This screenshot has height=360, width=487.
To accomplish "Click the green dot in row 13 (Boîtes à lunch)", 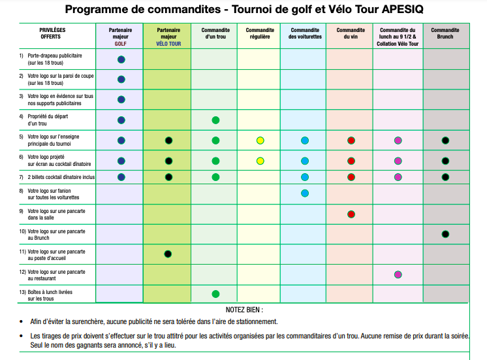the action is click(215, 294).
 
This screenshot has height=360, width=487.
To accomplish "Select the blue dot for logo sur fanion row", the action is click(305, 193).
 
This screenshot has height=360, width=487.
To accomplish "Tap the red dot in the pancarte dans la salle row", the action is click(351, 214).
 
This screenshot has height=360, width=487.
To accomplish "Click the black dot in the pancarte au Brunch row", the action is click(445, 234).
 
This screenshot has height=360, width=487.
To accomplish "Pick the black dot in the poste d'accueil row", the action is click(168, 254).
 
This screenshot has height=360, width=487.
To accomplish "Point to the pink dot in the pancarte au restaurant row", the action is click(398, 274).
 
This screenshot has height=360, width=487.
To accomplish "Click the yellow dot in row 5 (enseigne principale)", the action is click(260, 140).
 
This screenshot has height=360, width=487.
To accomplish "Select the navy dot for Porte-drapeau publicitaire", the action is click(121, 59).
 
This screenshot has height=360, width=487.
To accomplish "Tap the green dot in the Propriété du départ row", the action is click(215, 120).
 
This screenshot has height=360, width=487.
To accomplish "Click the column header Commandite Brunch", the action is click(445, 33).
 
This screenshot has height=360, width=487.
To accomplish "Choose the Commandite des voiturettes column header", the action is click(305, 33).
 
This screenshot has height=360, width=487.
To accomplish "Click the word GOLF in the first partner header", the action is click(121, 44).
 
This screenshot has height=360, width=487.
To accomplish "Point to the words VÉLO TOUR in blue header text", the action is click(168, 44).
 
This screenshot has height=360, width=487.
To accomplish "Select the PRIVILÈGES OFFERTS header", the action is click(52, 33).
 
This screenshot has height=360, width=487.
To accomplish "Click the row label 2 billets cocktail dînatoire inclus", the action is click(61, 177).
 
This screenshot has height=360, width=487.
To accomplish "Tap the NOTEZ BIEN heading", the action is click(244, 310).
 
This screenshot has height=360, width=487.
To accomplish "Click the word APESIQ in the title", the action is click(402, 9).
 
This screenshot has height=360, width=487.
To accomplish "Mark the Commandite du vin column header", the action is click(351, 33).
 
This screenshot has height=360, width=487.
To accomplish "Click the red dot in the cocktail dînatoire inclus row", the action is click(351, 177).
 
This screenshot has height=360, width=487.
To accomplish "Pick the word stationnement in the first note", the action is click(257, 321).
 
